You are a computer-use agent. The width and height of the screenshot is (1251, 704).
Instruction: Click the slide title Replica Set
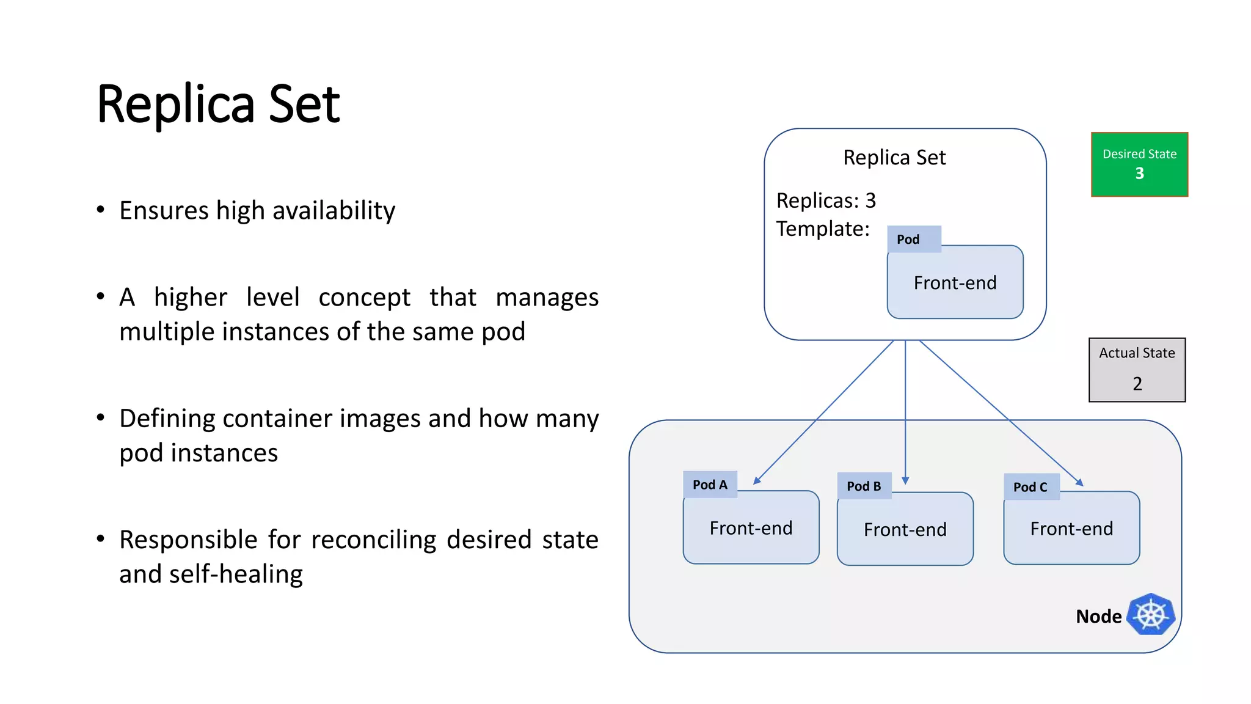218,105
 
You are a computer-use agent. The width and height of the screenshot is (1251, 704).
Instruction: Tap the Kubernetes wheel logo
1151,615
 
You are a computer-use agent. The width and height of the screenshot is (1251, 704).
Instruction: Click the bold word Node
1098,617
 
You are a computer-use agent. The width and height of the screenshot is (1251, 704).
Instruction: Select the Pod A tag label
710,485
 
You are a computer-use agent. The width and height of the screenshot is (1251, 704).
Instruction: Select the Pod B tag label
864,486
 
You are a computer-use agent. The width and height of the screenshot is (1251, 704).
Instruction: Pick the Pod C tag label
1030,487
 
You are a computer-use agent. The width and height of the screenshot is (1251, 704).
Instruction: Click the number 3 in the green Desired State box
1139,174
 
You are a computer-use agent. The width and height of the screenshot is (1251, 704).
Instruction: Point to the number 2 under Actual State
1137,384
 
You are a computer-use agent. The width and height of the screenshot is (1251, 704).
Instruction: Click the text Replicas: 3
826,200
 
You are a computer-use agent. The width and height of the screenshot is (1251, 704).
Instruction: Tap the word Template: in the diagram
822,229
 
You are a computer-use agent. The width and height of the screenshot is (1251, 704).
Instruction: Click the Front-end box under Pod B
905,529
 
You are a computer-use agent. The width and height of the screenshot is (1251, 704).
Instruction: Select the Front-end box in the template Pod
955,283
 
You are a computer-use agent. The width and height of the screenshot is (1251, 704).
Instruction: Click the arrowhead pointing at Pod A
756,482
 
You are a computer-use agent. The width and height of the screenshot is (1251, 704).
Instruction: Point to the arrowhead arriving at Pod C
1080,483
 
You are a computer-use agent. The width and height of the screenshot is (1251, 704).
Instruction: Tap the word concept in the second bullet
364,298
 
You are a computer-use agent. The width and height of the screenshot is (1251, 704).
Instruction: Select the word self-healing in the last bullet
236,574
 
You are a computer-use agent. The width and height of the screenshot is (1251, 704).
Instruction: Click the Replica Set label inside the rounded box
894,158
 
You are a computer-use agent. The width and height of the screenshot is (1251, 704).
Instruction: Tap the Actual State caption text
1137,353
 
